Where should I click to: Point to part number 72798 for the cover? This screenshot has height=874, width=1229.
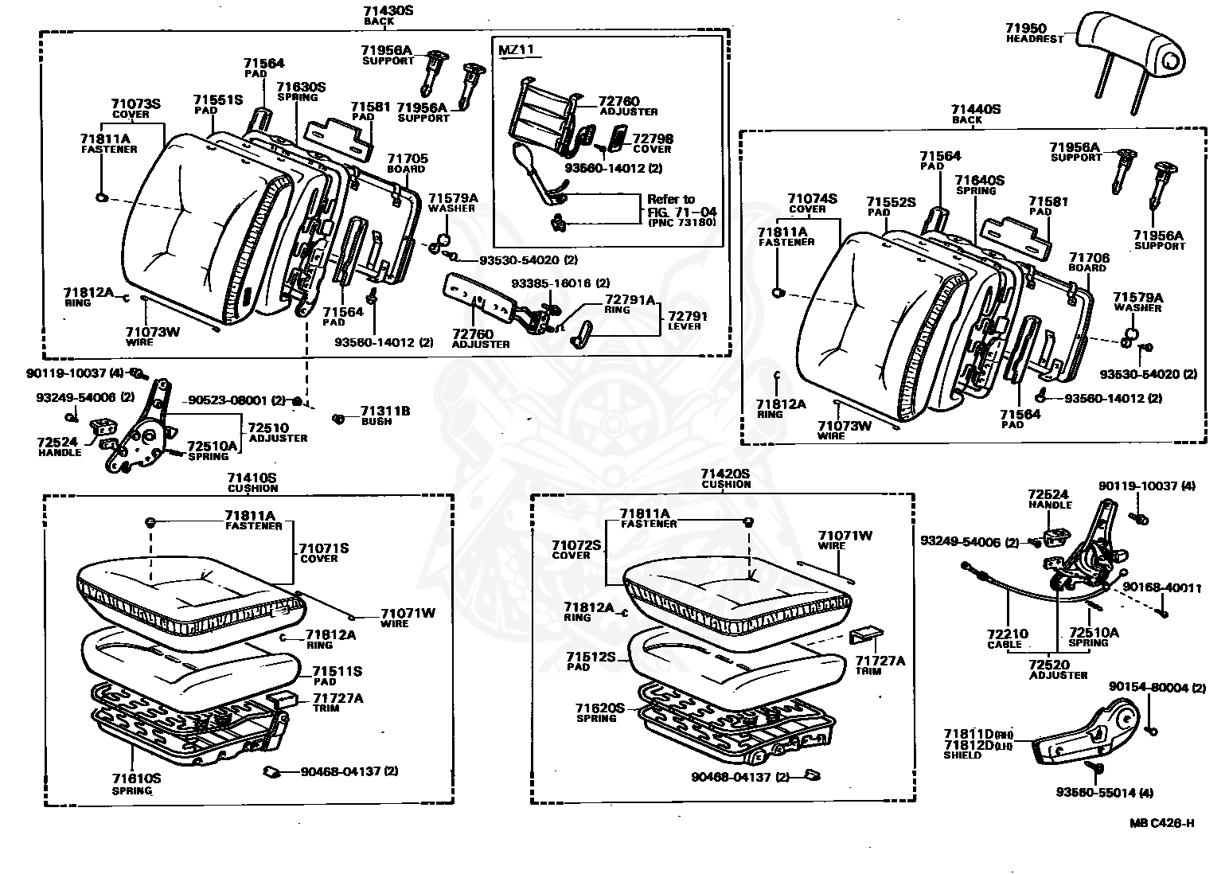(653, 139)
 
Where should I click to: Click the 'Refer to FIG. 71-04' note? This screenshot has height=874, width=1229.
(681, 210)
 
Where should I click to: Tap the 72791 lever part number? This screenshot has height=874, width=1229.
(688, 316)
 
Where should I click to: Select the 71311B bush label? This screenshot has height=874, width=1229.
(384, 411)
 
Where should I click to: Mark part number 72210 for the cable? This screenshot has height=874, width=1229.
(1007, 634)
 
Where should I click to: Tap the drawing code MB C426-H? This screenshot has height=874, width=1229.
(1161, 823)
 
